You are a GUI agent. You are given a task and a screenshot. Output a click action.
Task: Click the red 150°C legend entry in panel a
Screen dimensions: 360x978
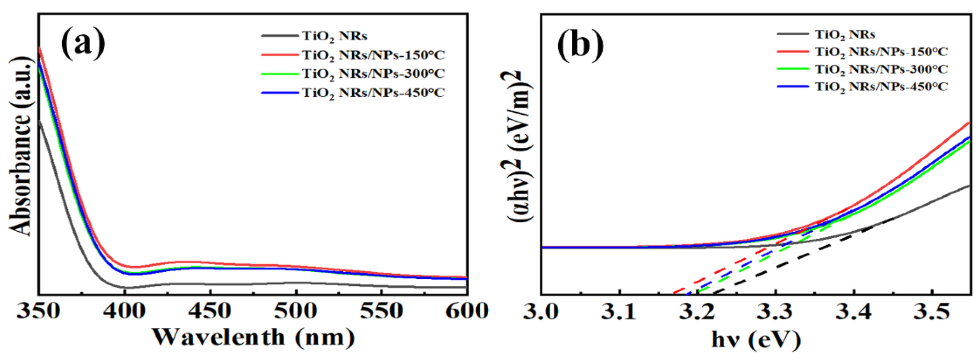(373, 55)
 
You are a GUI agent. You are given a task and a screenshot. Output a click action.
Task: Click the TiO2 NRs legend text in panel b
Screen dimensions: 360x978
(845, 35)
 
